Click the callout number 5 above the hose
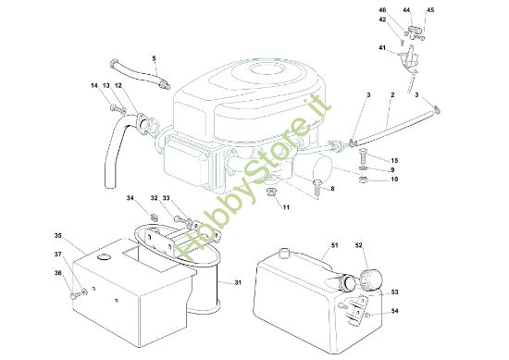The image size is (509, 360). click(x=154, y=58)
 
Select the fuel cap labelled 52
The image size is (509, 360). click(x=371, y=279)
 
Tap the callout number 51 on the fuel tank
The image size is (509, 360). click(x=334, y=245)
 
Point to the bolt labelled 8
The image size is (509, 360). click(x=317, y=187)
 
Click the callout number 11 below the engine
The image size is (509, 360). click(x=286, y=207)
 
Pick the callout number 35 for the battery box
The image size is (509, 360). click(x=58, y=236)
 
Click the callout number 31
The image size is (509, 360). click(x=238, y=282)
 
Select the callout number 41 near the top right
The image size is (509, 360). click(x=382, y=48)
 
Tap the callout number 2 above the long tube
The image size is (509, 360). click(x=392, y=94)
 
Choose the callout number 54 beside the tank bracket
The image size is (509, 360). click(x=394, y=311)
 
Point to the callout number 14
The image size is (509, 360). click(x=94, y=85)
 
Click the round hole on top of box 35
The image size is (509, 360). click(x=105, y=256)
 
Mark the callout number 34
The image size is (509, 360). click(x=130, y=198)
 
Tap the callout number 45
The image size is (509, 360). click(x=430, y=10)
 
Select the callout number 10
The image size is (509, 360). click(x=394, y=180)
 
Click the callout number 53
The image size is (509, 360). click(x=394, y=292)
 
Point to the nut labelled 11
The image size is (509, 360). click(x=271, y=192)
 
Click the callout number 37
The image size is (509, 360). click(x=57, y=254)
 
